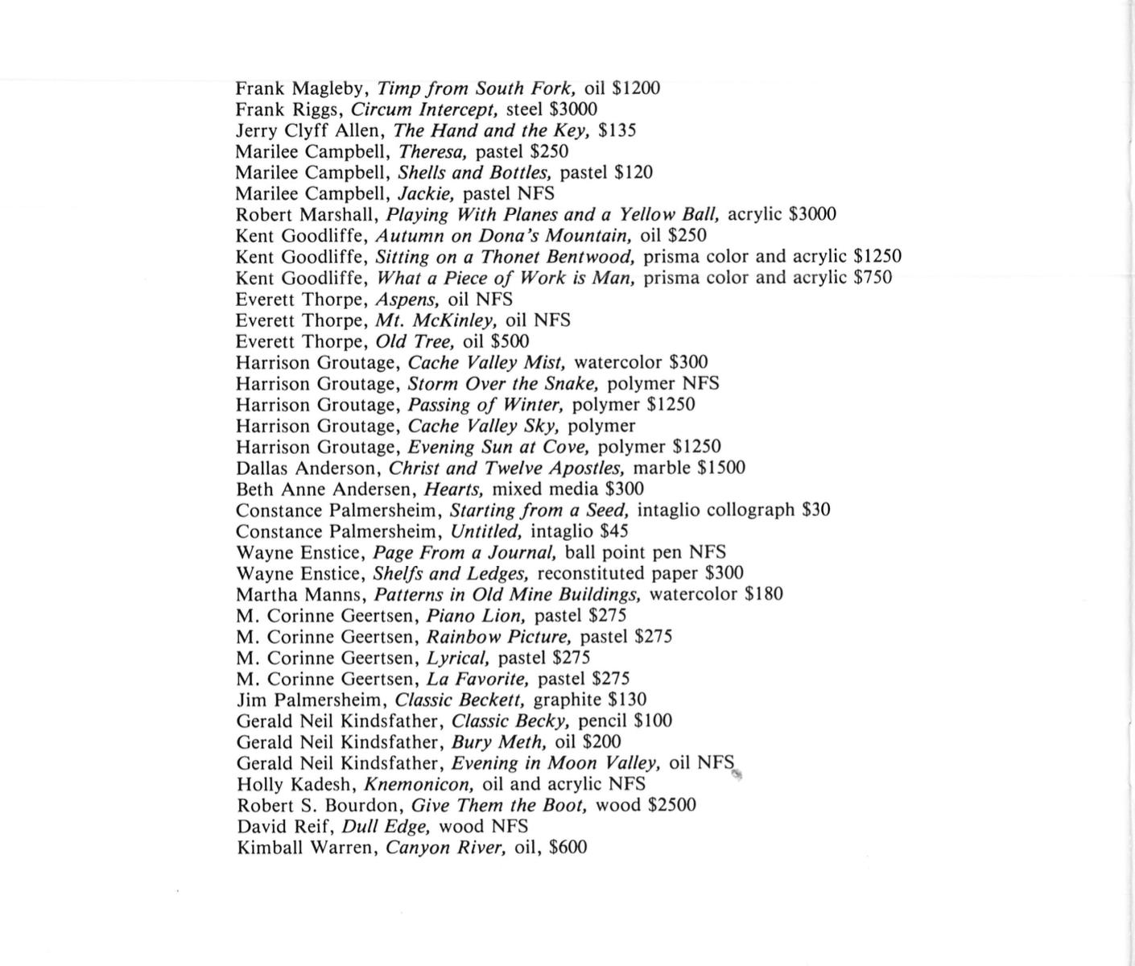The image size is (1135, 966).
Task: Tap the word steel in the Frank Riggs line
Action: pyautogui.click(x=524, y=109)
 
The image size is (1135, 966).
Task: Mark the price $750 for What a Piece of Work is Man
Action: pyautogui.click(x=873, y=278)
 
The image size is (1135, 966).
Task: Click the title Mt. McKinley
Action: pyautogui.click(x=436, y=320)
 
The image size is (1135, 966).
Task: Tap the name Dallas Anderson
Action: pyautogui.click(x=306, y=469)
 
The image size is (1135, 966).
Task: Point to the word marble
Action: pyautogui.click(x=662, y=468)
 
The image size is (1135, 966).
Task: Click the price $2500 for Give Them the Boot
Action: pyautogui.click(x=671, y=806)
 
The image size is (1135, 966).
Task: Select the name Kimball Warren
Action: pyautogui.click(x=306, y=848)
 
